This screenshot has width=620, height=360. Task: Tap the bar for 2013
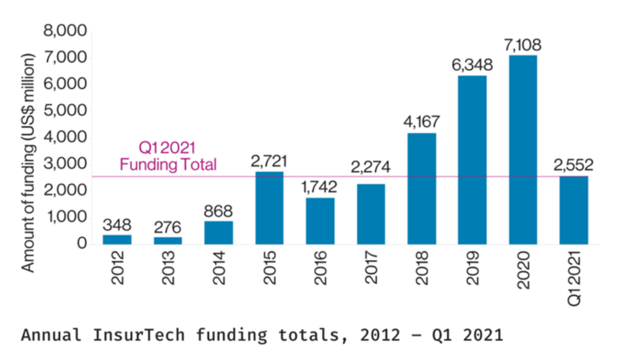pos(168,240)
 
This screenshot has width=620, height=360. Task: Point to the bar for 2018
pos(421,188)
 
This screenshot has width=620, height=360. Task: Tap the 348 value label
pos(117,224)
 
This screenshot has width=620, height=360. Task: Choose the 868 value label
pos(219,211)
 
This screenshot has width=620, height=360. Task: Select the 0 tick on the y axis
pos(81,243)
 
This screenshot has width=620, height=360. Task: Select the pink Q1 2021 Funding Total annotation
pos(168,156)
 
